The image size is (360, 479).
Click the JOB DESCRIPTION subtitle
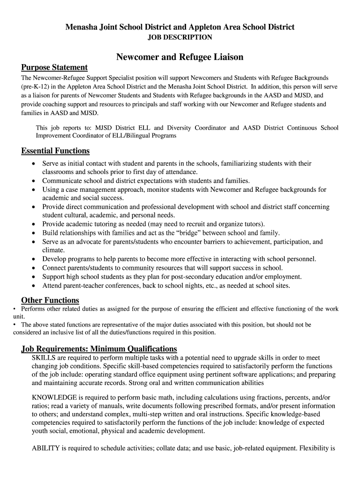pyautogui.click(x=180, y=37)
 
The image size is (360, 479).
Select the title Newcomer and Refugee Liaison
pyautogui.click(x=180, y=57)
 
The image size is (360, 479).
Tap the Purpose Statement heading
pyautogui.click(x=54, y=67)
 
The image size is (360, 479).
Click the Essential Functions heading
pyautogui.click(x=55, y=151)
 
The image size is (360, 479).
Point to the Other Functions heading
pyautogui.click(x=50, y=300)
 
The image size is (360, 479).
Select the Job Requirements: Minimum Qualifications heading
pyautogui.click(x=99, y=349)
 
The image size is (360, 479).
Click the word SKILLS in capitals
pyautogui.click(x=43, y=357)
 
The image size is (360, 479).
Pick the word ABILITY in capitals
pyautogui.click(x=45, y=448)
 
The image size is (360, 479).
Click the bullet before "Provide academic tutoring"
pyautogui.click(x=33, y=224)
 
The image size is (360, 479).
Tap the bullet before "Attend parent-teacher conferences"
pyautogui.click(x=33, y=286)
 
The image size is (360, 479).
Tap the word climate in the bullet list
pyautogui.click(x=52, y=250)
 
